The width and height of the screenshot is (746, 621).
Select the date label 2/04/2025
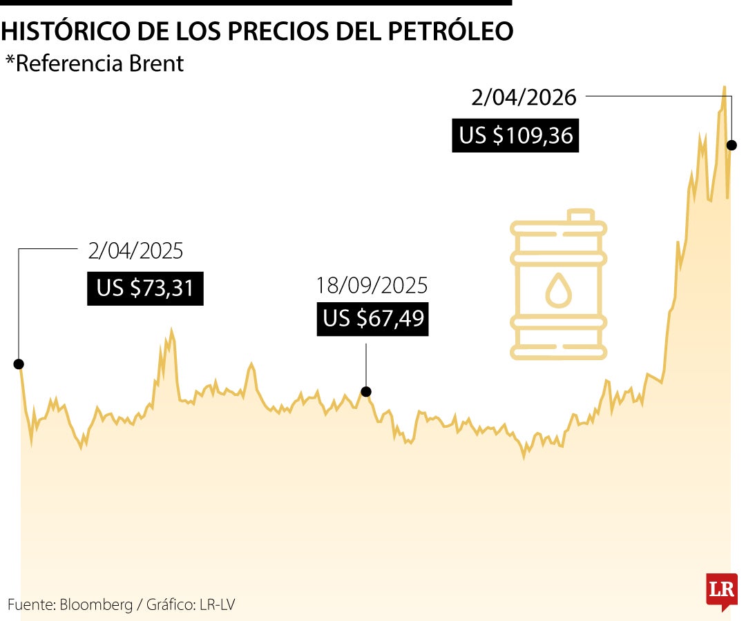click(x=135, y=250)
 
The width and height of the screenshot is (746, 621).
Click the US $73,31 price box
click(x=145, y=288)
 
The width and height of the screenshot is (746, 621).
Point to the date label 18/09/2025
click(x=372, y=285)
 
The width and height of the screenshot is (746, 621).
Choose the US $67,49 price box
click(x=373, y=319)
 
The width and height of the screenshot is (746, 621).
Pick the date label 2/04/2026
click(x=524, y=97)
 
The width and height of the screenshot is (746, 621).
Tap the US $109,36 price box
click(x=515, y=135)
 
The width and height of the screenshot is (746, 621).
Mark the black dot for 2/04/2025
click(x=19, y=364)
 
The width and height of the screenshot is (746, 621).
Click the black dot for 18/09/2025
click(x=366, y=391)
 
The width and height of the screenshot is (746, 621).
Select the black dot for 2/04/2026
click(x=731, y=145)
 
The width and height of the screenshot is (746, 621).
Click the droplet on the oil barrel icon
click(x=559, y=290)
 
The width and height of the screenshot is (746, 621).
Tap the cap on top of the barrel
click(x=581, y=215)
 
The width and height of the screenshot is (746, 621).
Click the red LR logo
click(x=721, y=591)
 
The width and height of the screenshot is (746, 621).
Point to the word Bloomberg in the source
click(x=96, y=604)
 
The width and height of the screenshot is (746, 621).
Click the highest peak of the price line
click(x=724, y=87)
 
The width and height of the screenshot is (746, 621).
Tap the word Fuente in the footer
click(x=30, y=604)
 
